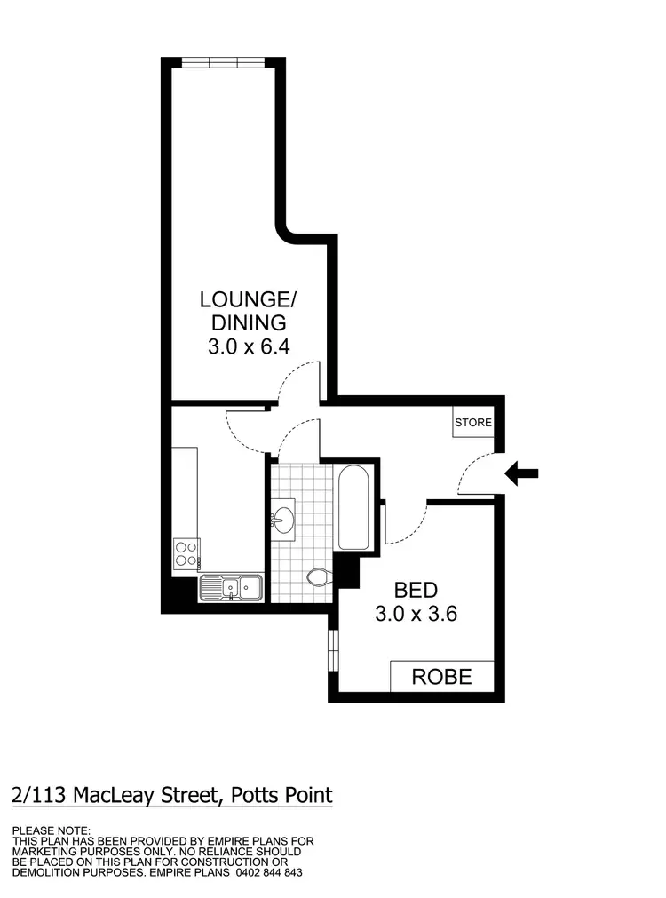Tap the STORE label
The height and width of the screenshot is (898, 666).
click(472, 423)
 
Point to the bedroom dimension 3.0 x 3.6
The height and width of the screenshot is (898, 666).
click(416, 613)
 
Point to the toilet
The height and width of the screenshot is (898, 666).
click(318, 578)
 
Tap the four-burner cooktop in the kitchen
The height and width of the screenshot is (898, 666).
click(186, 553)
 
